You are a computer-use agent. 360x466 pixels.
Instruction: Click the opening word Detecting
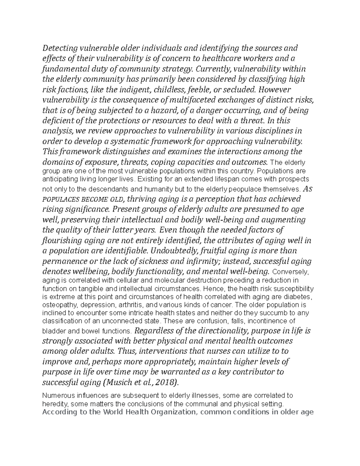coord(60,48)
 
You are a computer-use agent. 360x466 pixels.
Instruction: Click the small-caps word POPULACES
coord(60,200)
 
